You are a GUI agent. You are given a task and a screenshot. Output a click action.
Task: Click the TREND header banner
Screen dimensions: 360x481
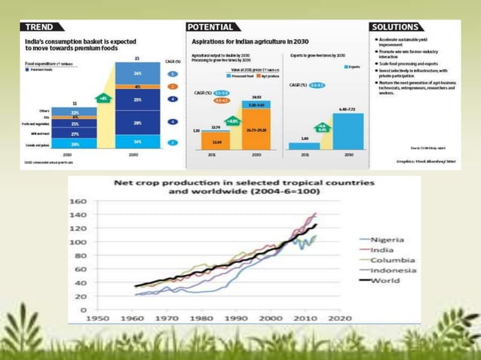[x=42, y=27]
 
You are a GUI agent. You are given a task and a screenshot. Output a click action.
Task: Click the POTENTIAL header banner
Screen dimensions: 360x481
[x=215, y=27]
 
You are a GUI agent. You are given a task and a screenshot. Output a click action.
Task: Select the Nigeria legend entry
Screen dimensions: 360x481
[x=388, y=239]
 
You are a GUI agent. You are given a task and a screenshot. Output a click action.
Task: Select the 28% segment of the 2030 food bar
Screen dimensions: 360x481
[x=137, y=123]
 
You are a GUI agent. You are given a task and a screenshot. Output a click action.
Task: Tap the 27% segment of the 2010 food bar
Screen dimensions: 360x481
[x=75, y=133]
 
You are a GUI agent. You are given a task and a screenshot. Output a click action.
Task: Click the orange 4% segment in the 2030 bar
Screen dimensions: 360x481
[x=137, y=87]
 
